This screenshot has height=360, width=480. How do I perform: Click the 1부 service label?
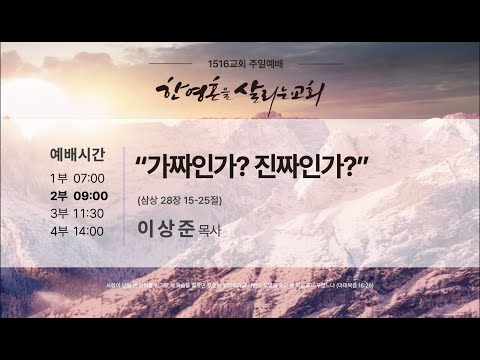tap(60, 177)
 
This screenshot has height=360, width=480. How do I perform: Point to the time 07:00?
tap(90, 177)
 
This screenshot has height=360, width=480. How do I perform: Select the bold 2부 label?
tap(60, 195)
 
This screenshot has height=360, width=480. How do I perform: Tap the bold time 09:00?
tap(91, 195)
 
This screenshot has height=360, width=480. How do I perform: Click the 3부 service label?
tap(60, 213)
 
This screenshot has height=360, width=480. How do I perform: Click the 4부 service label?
tap(60, 231)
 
